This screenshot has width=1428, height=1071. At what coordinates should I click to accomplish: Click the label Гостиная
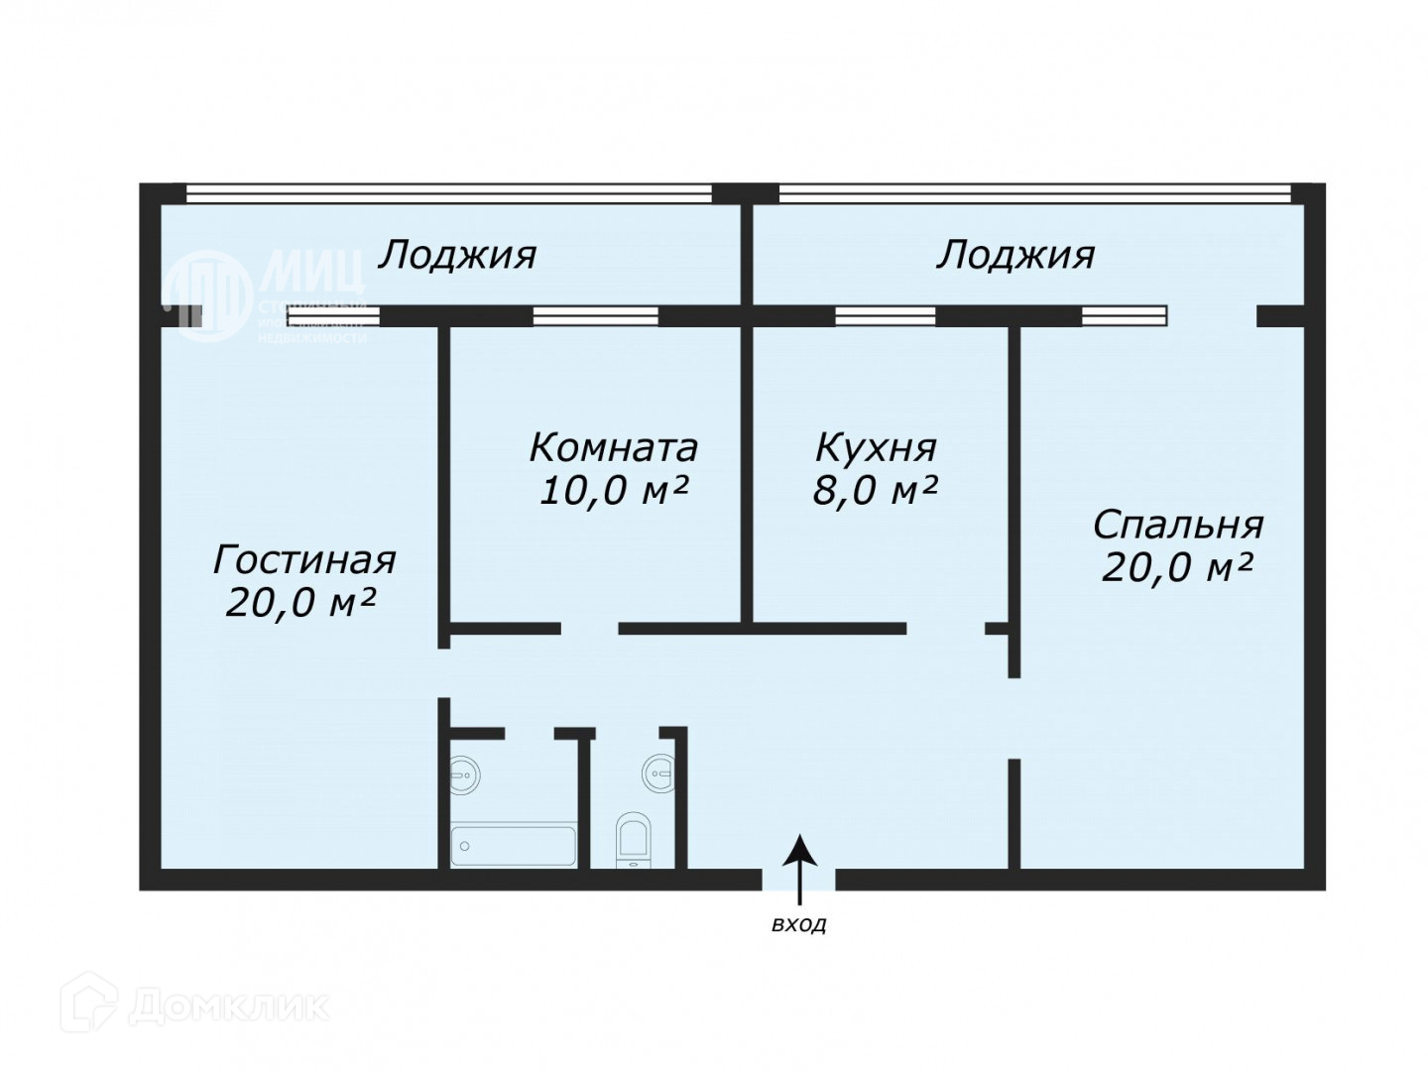click(304, 560)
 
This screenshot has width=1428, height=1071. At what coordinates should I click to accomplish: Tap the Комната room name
click(613, 448)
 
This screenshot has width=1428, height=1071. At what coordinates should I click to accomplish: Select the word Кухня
click(875, 448)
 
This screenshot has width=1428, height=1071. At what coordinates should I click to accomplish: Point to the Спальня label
click(1177, 524)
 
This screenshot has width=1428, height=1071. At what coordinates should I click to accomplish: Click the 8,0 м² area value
click(875, 491)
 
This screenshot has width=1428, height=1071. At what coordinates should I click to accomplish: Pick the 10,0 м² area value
click(613, 491)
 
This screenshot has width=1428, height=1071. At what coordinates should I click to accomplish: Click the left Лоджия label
click(457, 256)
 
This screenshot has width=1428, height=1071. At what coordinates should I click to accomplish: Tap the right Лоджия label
click(1015, 256)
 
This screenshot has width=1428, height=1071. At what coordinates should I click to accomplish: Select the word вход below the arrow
click(799, 926)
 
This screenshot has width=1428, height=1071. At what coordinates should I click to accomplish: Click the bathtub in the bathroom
click(513, 846)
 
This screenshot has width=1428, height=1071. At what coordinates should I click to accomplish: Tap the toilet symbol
click(632, 839)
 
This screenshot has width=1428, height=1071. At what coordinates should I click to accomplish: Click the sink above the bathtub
click(464, 773)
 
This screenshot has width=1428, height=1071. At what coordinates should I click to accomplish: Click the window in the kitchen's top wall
click(885, 316)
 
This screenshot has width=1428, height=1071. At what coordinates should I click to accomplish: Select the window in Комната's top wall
click(595, 316)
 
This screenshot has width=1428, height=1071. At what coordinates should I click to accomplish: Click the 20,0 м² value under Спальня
click(1177, 568)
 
